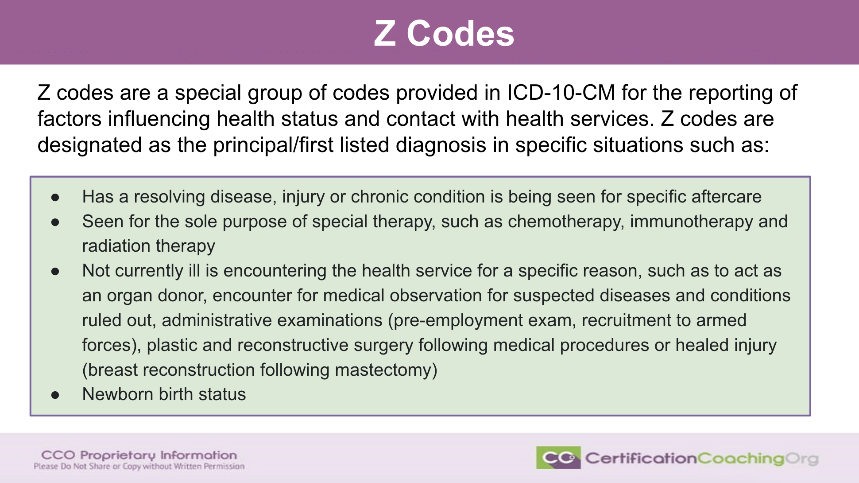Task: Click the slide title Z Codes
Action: [x=444, y=34]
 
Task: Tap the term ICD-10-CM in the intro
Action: [x=561, y=93]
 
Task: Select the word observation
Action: [x=436, y=296]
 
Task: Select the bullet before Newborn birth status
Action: [x=55, y=395]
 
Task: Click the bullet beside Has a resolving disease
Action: [x=55, y=198]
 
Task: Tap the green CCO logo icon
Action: [x=558, y=458]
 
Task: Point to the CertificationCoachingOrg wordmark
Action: [x=702, y=458]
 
